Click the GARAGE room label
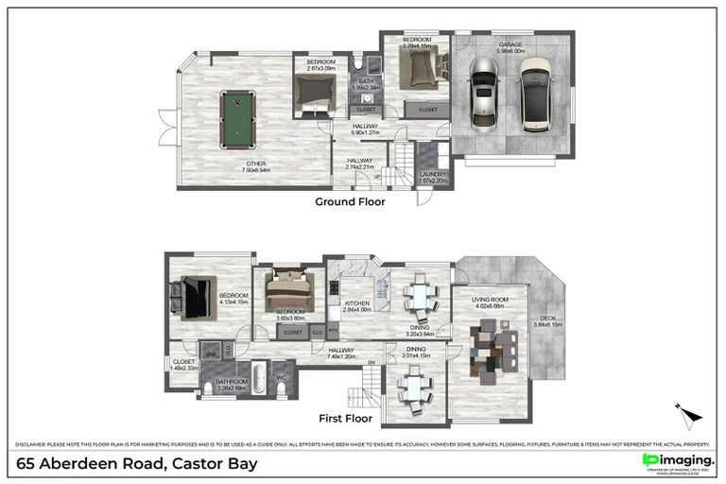(510, 44)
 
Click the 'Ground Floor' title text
(351, 201)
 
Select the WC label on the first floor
(281, 379)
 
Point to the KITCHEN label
(356, 302)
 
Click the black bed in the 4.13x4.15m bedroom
(196, 297)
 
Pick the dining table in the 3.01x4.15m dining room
(414, 386)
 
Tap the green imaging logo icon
(649, 459)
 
